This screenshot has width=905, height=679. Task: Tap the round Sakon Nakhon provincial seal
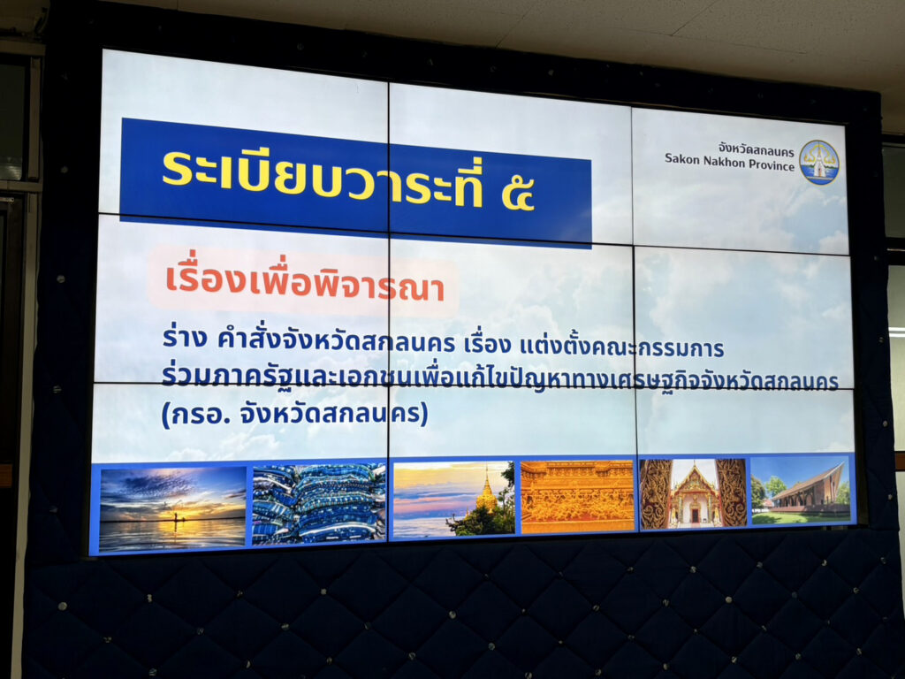819,163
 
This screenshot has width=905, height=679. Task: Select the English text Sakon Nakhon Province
729,162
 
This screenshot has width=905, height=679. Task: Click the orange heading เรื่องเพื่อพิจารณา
305,282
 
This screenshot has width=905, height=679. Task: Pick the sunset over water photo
172,507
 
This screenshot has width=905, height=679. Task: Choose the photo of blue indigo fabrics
318,503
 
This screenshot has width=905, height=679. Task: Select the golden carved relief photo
577,496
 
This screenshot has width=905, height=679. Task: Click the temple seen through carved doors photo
693,493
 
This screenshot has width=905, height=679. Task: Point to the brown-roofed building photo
801,490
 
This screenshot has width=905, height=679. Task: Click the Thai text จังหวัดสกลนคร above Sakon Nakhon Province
757,150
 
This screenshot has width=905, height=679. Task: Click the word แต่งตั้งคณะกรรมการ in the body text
622,347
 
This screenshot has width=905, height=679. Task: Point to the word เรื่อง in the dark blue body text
488,345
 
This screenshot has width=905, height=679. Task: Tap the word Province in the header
772,164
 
